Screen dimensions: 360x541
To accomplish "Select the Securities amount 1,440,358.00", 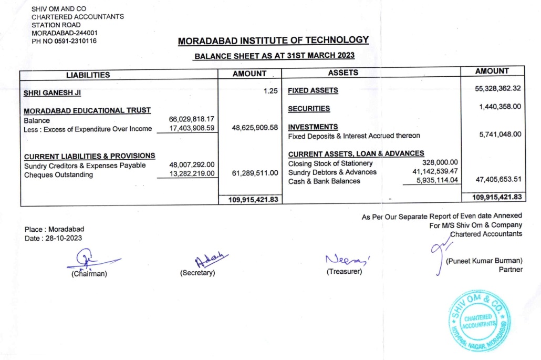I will click(x=500, y=107).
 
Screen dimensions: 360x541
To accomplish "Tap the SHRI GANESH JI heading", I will click(x=53, y=94).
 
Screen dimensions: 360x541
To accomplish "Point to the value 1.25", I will click(x=270, y=91).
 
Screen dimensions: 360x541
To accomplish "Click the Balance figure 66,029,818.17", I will click(x=192, y=120).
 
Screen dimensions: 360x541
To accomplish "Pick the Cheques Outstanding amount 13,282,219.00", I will click(x=192, y=174).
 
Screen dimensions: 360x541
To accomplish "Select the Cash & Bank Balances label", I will click(x=324, y=181).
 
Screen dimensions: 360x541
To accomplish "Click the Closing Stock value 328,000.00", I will click(x=440, y=163).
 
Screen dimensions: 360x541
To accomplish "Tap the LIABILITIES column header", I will click(x=88, y=75).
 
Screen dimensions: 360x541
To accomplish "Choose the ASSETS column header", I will click(x=343, y=73).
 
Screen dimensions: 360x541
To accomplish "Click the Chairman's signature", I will click(x=87, y=260).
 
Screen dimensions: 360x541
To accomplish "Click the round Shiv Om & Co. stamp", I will click(x=479, y=320).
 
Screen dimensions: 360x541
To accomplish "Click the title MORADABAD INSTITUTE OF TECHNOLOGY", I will click(x=274, y=40).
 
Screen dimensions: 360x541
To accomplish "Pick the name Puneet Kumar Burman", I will click(x=484, y=261).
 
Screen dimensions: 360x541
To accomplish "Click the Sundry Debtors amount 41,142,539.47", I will click(x=432, y=172).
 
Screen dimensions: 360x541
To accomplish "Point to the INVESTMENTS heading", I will click(x=313, y=127).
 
